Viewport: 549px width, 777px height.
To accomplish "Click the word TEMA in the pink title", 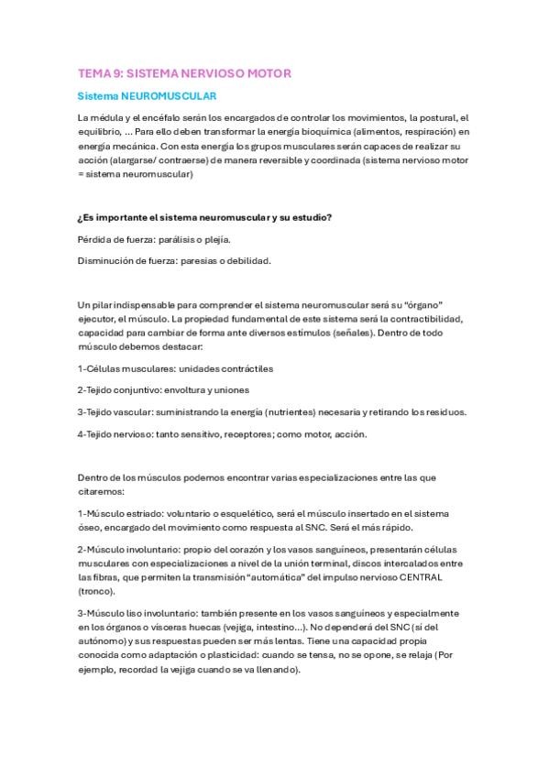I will pos(93,72).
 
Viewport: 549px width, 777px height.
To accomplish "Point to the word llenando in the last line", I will pos(271,670).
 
